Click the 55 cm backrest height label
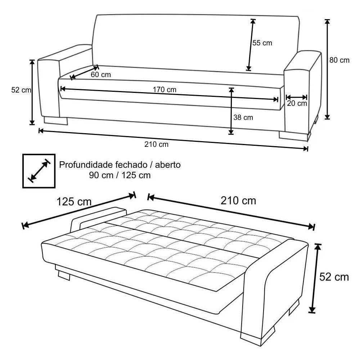coord(262,43)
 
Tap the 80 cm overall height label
coord(339,60)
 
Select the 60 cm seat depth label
coord(101,75)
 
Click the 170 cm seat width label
coord(165,90)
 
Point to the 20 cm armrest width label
coord(297,104)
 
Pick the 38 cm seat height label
coord(243,117)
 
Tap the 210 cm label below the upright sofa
coord(156,145)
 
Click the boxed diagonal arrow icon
coord(39,171)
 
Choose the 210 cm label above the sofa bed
coord(238,201)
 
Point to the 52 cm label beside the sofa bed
coord(334,277)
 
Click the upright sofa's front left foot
coord(56,120)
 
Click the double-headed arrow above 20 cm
coord(297,97)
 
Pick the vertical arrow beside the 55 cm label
coord(251,45)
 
